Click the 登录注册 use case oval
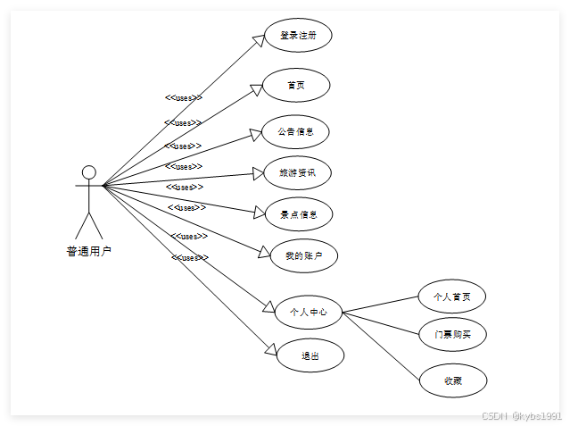tap(298, 36)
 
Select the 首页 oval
tap(296, 85)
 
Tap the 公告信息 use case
tap(295, 131)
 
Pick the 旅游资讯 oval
tap(297, 172)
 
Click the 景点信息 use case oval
tap(299, 214)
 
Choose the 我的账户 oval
tap(303, 255)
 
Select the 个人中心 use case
tap(308, 312)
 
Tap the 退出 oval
tap(310, 355)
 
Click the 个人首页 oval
tap(452, 297)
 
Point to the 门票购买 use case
tap(452, 334)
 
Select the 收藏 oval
tap(453, 380)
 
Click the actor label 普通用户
tap(89, 252)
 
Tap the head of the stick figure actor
tap(88, 172)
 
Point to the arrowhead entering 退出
tap(270, 349)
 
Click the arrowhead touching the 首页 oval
tap(255, 90)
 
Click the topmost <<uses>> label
tap(183, 98)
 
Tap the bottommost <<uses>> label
tap(189, 258)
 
